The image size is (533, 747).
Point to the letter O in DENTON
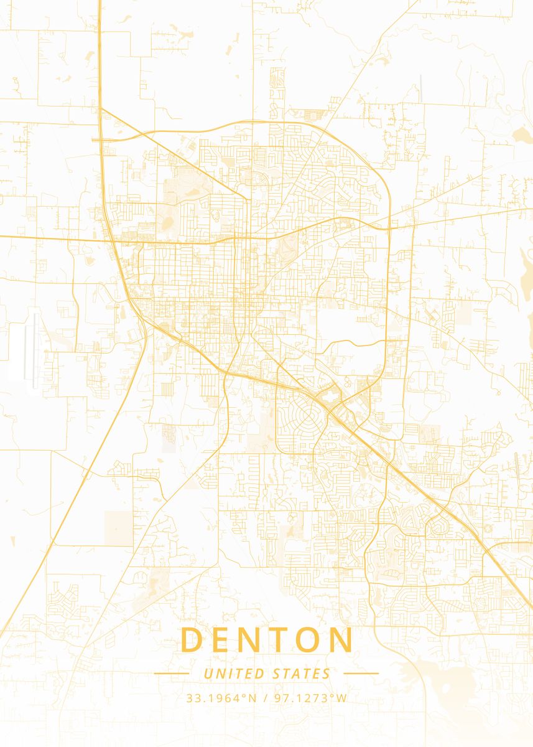(x=308, y=640)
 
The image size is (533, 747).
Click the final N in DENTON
(x=341, y=640)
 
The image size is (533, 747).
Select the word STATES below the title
(x=302, y=674)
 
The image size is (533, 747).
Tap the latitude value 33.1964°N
(x=221, y=698)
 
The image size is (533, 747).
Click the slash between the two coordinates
(x=265, y=698)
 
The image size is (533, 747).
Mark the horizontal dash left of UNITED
(x=172, y=673)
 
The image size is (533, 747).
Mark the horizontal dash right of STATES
(x=361, y=673)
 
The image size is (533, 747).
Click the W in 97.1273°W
(x=342, y=698)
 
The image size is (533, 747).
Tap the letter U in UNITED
(x=208, y=674)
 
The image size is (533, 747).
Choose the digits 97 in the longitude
(x=279, y=698)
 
